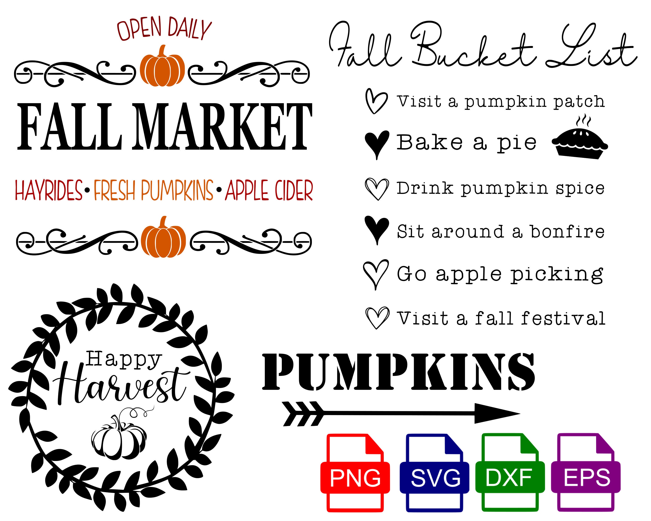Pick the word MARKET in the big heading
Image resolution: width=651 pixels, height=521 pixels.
(x=223, y=127)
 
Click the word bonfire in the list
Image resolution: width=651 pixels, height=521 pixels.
(x=568, y=231)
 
